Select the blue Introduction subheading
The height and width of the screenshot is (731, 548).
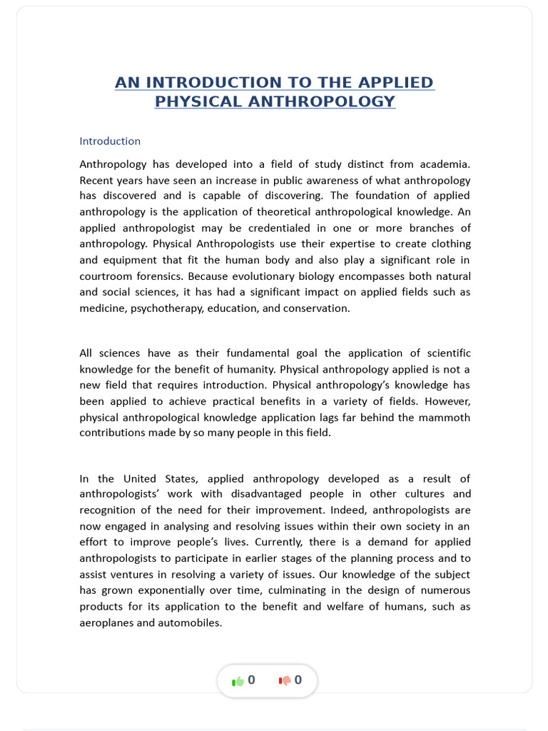[x=110, y=141]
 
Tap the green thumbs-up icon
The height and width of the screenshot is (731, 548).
[x=238, y=681]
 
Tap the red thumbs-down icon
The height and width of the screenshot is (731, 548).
[x=285, y=681]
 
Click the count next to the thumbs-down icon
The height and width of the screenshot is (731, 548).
[x=298, y=680]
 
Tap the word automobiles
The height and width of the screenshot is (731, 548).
[x=188, y=622]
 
